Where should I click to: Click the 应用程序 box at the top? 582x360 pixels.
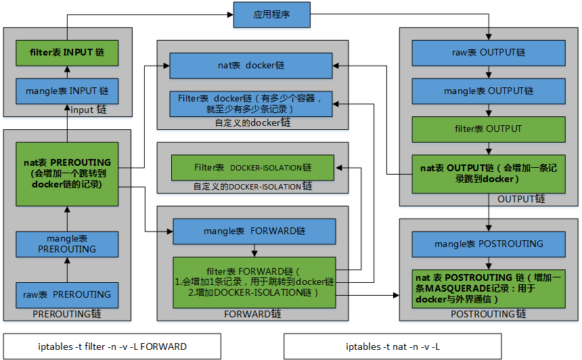click(x=271, y=15)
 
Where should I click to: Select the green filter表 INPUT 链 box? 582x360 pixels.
click(x=67, y=52)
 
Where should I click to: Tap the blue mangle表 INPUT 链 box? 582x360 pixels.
click(x=67, y=90)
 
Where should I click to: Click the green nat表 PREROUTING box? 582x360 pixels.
click(x=67, y=174)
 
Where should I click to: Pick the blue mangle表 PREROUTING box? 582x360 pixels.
click(x=67, y=244)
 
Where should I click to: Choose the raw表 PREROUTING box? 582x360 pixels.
click(x=67, y=294)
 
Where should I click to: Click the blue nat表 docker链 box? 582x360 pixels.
click(x=250, y=66)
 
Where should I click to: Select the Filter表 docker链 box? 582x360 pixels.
click(x=250, y=104)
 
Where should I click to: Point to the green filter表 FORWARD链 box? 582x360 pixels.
click(x=254, y=282)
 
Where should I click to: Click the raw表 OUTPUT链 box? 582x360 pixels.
click(x=488, y=53)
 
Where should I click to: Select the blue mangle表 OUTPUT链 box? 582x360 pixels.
click(x=488, y=91)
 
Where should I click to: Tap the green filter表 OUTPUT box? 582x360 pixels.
click(x=488, y=129)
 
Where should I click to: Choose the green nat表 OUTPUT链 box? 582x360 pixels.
click(x=488, y=174)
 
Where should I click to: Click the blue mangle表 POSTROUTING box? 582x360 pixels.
click(x=488, y=244)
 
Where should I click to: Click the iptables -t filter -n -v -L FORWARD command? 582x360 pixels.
click(x=112, y=346)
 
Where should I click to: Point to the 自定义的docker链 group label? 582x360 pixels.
click(x=252, y=122)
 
